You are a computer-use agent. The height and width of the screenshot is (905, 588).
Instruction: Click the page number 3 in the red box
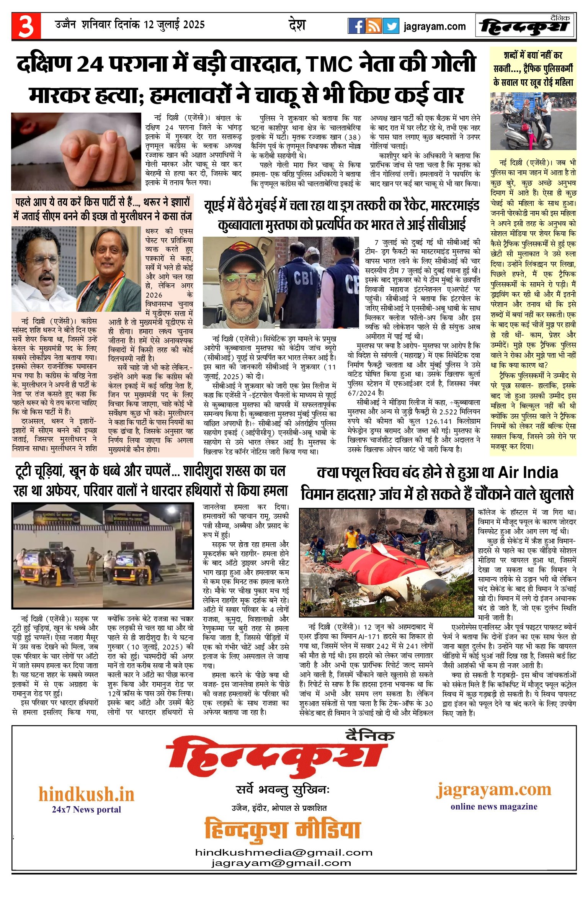(26, 26)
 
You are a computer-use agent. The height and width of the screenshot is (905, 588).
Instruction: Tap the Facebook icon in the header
(356, 26)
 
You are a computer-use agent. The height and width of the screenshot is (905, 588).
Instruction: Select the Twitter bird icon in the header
(391, 26)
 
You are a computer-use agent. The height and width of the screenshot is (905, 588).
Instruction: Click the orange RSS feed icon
(374, 26)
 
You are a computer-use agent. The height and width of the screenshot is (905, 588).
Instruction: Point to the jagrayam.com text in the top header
(434, 26)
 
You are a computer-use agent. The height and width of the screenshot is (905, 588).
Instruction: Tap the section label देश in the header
(297, 25)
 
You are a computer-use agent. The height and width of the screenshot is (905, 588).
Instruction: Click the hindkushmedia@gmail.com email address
(284, 853)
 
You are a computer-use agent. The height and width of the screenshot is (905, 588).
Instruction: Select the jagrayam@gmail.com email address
(281, 863)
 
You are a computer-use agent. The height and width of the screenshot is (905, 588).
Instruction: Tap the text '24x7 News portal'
(87, 809)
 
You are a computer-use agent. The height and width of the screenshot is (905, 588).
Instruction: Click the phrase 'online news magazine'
(494, 807)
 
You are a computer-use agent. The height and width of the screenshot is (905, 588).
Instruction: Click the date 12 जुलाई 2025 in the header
(174, 25)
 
